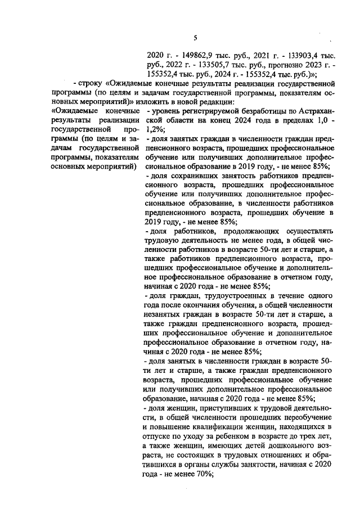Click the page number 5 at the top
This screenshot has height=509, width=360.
pyautogui.click(x=194, y=38)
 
